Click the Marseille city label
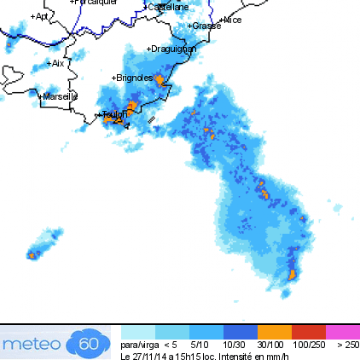61,97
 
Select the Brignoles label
134,78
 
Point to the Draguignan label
173,49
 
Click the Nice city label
232,20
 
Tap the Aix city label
58,63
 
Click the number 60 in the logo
89,344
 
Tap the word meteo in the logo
32,344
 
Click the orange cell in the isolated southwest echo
32,254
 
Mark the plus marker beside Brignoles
113,78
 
